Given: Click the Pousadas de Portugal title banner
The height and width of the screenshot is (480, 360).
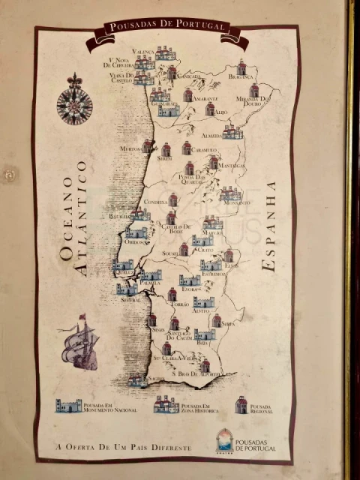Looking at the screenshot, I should click(166, 27).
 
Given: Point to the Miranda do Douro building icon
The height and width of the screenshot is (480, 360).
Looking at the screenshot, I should click(254, 91).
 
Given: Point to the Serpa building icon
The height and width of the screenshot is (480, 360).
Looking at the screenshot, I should click(216, 320).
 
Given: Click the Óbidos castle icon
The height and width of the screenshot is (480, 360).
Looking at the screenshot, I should click(136, 232).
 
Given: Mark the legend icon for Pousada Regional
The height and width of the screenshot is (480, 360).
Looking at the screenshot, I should click(241, 406).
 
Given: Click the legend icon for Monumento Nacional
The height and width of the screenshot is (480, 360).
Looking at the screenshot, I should click(68, 406).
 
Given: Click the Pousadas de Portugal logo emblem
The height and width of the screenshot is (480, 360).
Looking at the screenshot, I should click(224, 439).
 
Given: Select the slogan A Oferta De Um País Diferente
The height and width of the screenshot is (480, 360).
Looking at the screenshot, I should click(123, 447).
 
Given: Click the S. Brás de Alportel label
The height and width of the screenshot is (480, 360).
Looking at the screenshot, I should click(196, 373).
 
